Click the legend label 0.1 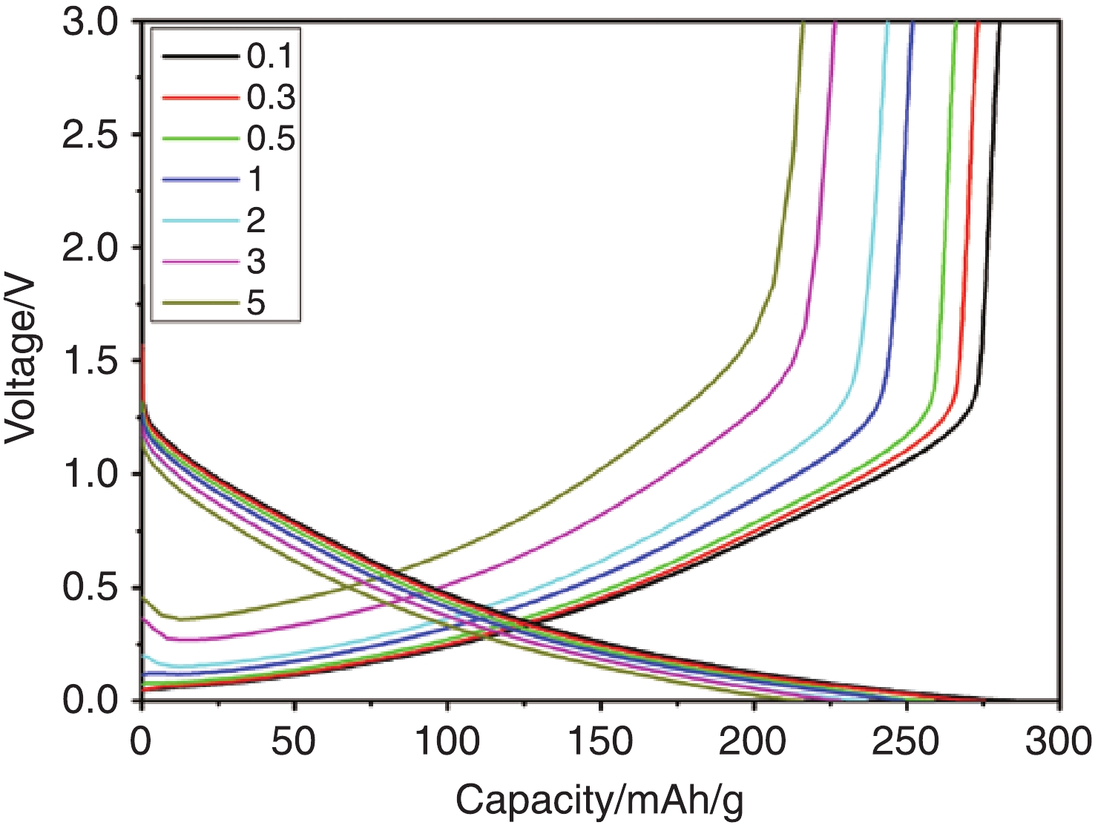coord(271,56)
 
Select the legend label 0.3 coord(271,98)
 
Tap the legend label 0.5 coord(271,139)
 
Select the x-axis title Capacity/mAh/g coord(599,801)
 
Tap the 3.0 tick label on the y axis coord(91,22)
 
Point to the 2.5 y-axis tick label coord(91,135)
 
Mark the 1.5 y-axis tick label coord(91,361)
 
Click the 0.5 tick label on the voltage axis coord(91,588)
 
